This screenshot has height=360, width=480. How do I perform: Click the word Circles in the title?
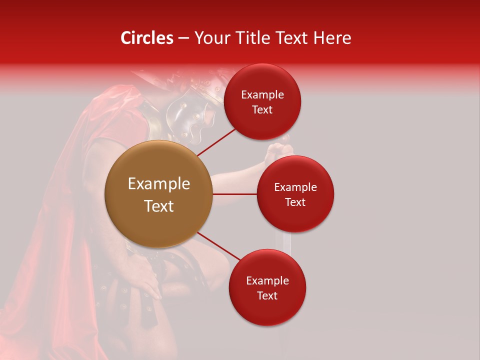[146, 38]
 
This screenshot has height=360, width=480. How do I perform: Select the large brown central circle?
[158, 194]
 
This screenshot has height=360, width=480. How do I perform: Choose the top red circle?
[262, 101]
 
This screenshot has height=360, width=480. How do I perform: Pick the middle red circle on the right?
[295, 194]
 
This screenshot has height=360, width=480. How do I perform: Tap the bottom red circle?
[267, 287]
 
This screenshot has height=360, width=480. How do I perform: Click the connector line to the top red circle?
[216, 142]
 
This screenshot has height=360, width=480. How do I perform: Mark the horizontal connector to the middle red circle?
[235, 194]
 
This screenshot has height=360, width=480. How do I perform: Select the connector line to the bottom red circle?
[219, 247]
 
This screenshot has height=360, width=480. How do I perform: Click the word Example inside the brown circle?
[158, 183]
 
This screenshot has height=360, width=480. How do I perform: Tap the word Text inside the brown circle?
[158, 206]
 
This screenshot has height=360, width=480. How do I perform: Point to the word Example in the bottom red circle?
[267, 280]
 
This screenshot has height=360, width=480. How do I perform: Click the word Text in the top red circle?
[262, 109]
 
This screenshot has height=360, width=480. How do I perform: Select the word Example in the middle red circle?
[295, 187]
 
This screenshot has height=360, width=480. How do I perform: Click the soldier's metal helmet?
[192, 112]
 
